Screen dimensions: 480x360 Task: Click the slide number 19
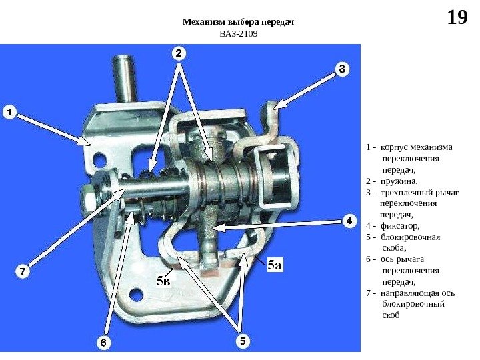click(x=457, y=17)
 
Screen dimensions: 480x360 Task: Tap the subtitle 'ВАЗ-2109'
click(x=238, y=34)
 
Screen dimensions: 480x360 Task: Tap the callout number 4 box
click(x=347, y=221)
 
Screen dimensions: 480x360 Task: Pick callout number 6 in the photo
click(x=104, y=343)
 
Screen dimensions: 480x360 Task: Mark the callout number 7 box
click(x=23, y=271)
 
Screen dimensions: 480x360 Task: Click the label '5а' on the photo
click(x=275, y=265)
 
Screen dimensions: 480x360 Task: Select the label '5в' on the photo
click(x=163, y=281)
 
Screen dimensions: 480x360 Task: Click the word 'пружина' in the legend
click(x=397, y=181)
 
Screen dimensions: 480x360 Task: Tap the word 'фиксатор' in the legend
click(x=400, y=225)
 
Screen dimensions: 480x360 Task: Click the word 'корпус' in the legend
click(x=393, y=147)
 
